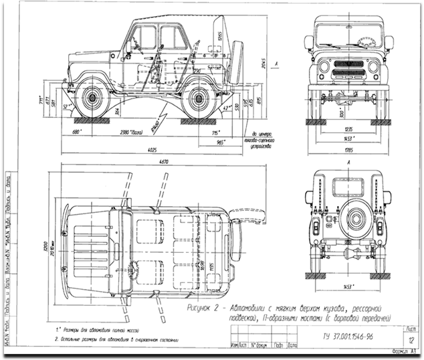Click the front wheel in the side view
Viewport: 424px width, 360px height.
pos(90,98)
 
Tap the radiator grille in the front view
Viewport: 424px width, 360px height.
pos(349,68)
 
